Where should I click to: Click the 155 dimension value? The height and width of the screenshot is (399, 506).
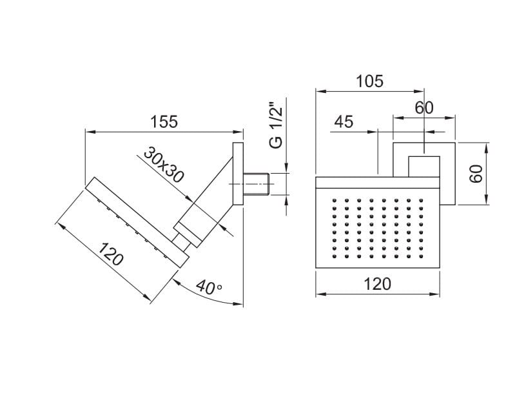pyautogui.click(x=164, y=121)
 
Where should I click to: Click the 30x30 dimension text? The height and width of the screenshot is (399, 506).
pyautogui.click(x=164, y=164)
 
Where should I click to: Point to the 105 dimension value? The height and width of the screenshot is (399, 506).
pyautogui.click(x=369, y=81)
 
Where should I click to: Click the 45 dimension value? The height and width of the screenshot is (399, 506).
pyautogui.click(x=344, y=122)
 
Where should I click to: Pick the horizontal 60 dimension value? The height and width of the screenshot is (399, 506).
pyautogui.click(x=423, y=108)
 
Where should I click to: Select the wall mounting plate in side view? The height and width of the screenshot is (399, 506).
pyautogui.click(x=238, y=174)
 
